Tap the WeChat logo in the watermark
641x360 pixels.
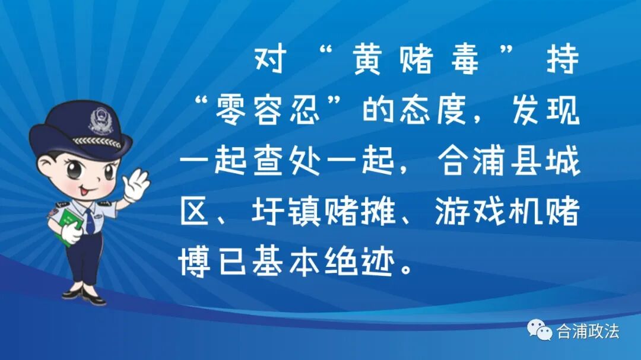coord(540,330)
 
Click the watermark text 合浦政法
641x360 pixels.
coord(587,331)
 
